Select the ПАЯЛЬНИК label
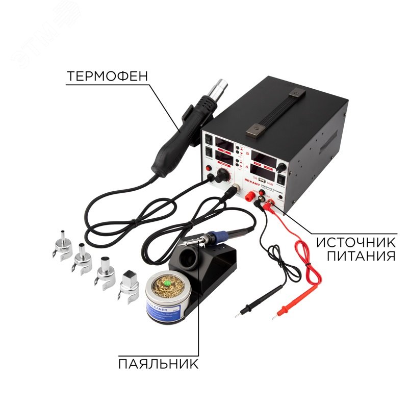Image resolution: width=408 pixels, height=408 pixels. point(157,364)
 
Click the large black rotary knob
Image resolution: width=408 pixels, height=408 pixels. point(223,175)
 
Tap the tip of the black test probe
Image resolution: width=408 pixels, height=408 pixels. point(237,316)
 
